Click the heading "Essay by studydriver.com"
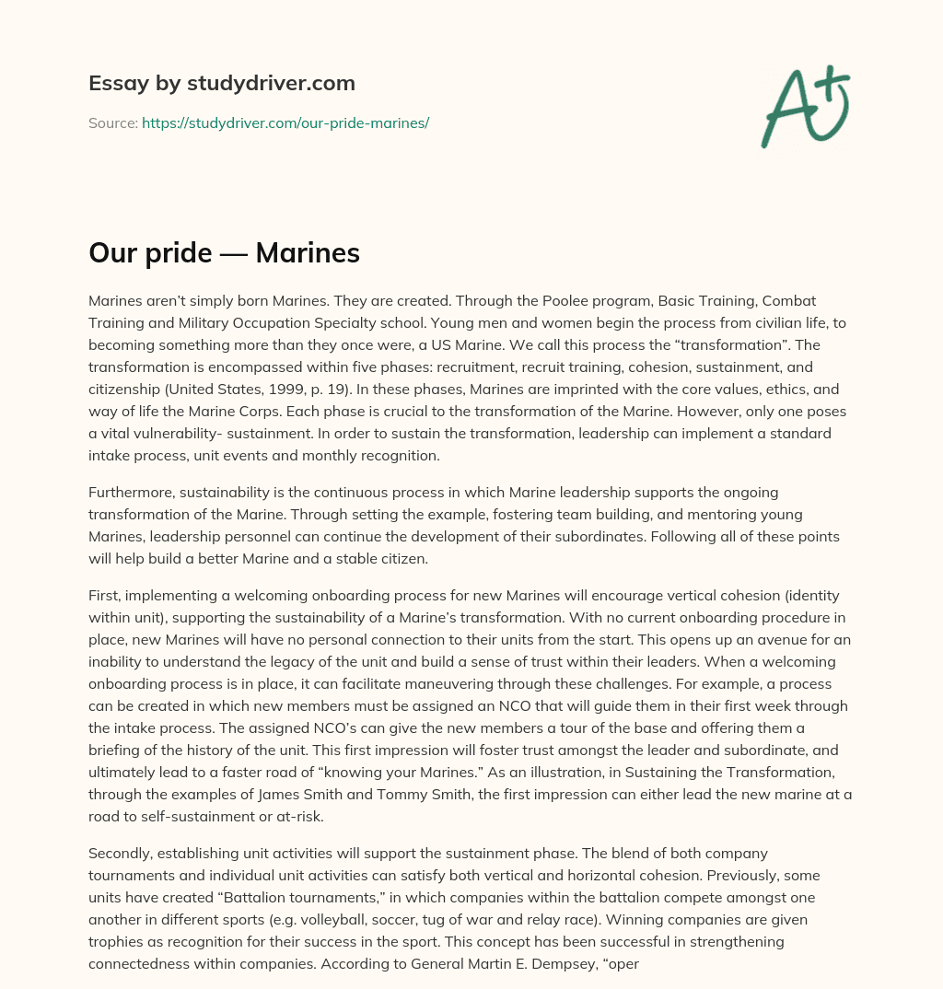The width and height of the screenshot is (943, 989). pos(221,84)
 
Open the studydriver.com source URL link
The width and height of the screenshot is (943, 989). pos(285,122)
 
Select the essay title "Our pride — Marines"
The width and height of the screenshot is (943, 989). pos(224,253)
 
